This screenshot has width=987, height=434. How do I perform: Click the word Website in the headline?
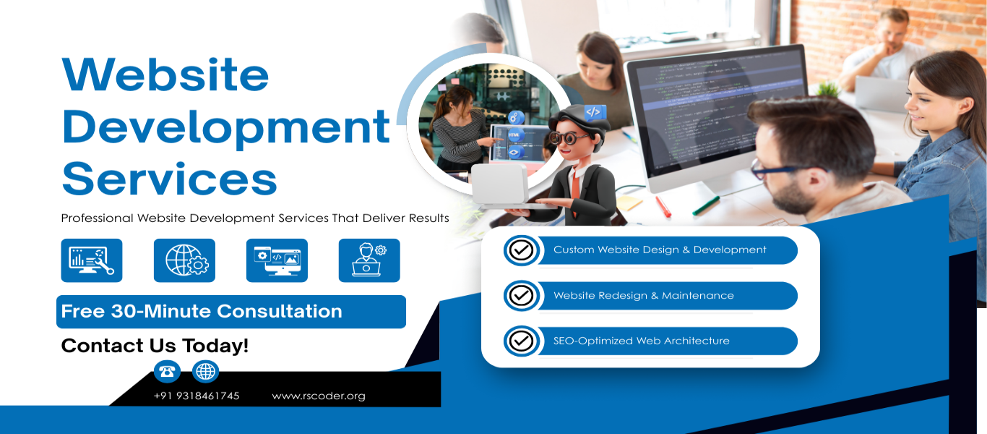coord(165,74)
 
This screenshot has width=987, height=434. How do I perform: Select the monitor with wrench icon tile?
coord(92,260)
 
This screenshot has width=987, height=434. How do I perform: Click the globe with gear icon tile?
coord(184,260)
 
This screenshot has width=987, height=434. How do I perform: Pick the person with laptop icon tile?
coord(369,260)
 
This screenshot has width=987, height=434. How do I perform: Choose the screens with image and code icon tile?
coord(277,260)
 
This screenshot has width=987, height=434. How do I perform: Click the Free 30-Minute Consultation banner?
coord(230,312)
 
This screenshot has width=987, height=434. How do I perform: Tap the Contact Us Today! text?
coord(155,346)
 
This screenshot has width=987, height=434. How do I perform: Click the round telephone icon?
coord(167,372)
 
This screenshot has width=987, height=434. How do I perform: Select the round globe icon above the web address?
coord(206,372)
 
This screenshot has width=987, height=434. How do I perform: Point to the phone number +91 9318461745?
coord(197,396)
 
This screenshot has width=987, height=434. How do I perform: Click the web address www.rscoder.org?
coord(319,396)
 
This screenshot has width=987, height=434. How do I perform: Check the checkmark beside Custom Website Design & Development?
coord(521,250)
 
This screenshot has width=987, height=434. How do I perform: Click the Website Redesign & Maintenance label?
coord(643,296)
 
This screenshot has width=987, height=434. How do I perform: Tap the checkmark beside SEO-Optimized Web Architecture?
coord(521,341)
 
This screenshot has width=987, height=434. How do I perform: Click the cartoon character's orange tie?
coord(575,184)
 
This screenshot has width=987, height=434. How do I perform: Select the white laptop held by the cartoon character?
coord(499,184)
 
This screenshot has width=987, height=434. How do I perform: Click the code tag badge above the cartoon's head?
coord(594,112)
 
